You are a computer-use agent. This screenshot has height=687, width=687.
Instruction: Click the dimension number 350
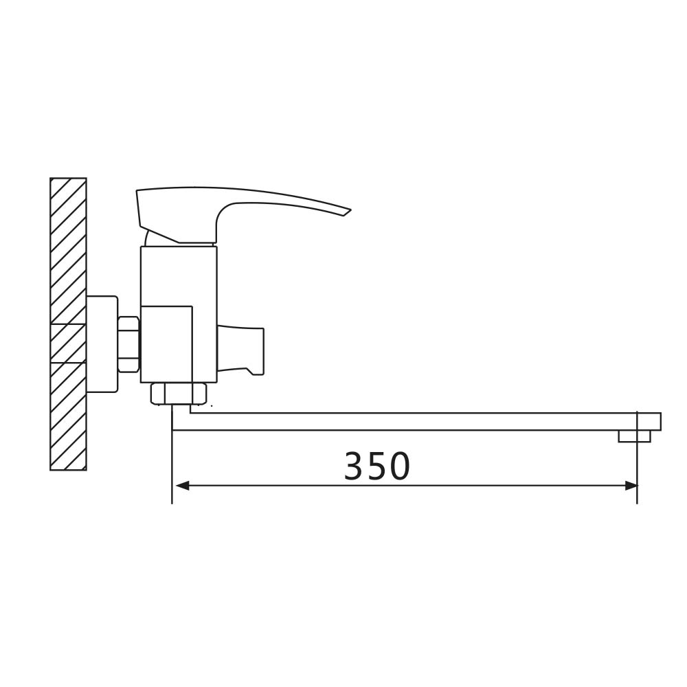pos(376,466)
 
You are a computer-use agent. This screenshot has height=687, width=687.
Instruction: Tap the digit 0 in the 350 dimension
pos(400,466)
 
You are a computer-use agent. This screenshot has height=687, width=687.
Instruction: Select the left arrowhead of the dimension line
pos(182,486)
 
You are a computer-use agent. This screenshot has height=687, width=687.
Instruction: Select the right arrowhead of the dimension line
pos(631,486)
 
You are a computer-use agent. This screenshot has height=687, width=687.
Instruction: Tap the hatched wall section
pos(68,324)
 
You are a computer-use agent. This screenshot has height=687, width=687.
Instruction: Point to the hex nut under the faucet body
pos(179,394)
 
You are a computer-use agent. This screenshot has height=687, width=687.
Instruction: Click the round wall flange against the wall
pos(102,344)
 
